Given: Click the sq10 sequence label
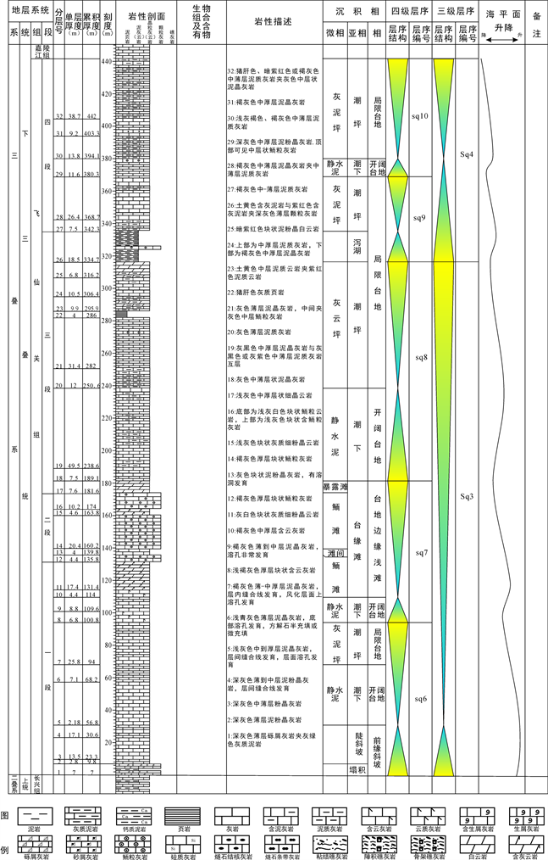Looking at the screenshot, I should tap(418, 115).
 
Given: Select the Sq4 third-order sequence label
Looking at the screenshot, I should tap(466, 155).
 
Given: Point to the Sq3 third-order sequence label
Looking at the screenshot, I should tap(466, 495).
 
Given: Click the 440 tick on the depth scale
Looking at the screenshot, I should tap(106, 63).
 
